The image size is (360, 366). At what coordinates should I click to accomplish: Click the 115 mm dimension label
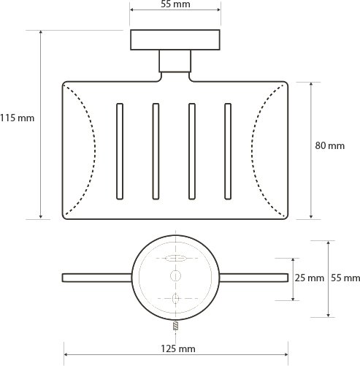(17, 118)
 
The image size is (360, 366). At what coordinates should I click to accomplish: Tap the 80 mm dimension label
(330, 145)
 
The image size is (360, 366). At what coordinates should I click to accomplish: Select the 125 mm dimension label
(178, 348)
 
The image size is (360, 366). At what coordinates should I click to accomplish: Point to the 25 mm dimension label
(310, 278)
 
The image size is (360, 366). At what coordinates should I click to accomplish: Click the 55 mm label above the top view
(175, 4)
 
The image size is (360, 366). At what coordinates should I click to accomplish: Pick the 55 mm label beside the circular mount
(345, 278)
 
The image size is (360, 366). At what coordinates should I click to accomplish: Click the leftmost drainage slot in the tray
(120, 151)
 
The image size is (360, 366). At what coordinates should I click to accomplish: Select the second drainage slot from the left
(156, 151)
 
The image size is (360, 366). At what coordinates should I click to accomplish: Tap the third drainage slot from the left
(192, 151)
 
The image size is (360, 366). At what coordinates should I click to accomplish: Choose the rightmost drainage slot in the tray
(228, 151)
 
